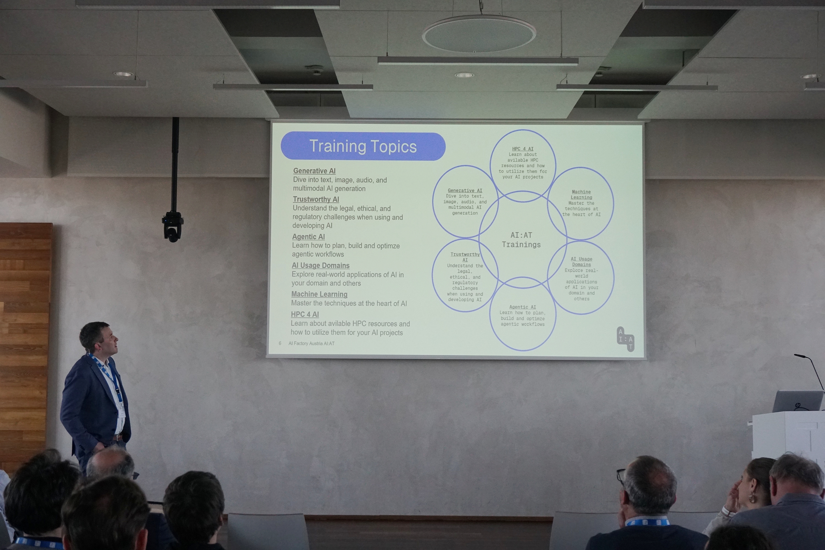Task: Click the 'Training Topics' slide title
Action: coord(363,146)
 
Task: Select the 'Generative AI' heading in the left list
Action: coord(314,171)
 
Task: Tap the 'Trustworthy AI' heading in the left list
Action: coord(316,199)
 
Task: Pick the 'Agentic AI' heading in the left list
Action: coord(308,237)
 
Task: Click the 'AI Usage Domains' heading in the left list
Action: coord(321,266)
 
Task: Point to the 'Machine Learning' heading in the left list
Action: coord(319,294)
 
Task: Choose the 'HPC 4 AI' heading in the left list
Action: coord(305,314)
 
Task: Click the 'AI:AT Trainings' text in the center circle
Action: coord(521,240)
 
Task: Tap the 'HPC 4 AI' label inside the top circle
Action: coord(523,149)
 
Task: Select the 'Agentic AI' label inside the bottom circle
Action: coord(523,307)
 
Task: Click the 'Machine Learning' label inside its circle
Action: coord(581,195)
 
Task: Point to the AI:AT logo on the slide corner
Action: coord(625,339)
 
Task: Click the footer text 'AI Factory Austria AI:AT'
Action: coord(312,343)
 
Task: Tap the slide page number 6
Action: coord(280,343)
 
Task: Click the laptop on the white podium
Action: coord(798,401)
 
